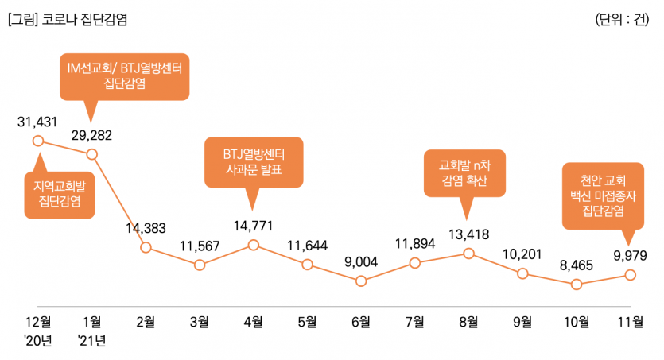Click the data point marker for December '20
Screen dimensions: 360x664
37,141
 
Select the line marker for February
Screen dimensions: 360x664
146,247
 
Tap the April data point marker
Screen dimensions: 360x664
253,245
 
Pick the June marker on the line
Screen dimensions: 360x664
361,281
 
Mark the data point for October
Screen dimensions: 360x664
577,284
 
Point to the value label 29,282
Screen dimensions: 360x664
91,134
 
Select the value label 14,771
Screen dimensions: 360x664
253,226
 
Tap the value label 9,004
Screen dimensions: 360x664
361,262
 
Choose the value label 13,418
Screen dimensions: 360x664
468,234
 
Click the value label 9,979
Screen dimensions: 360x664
630,255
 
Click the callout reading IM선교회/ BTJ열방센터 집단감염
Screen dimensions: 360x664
124,77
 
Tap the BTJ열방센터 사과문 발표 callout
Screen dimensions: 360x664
254,162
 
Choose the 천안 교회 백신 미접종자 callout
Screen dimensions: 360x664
603,194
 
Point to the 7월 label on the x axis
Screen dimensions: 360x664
414,322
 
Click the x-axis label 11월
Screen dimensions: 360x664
630,322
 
